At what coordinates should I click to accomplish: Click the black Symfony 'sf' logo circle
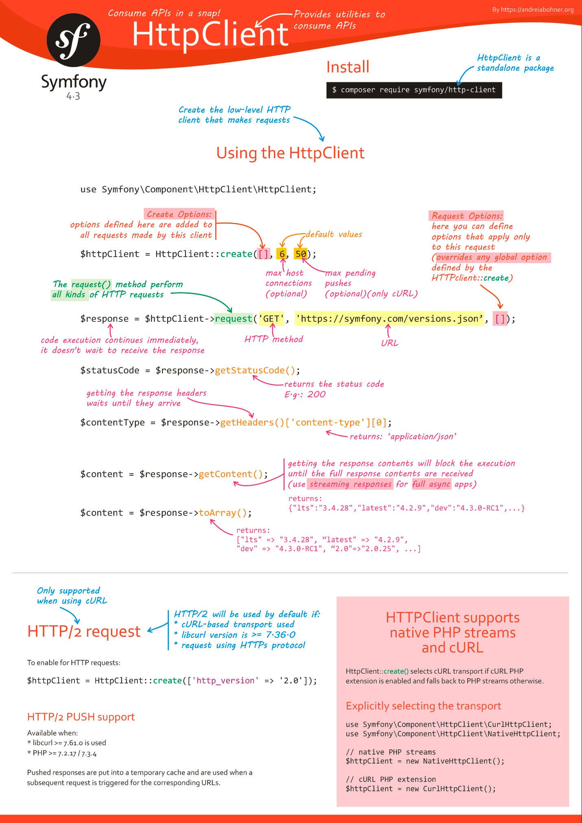pyautogui.click(x=74, y=39)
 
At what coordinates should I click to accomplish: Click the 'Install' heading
pyautogui.click(x=348, y=67)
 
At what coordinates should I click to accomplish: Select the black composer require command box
pyautogui.click(x=414, y=90)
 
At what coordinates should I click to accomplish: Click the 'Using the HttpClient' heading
pyautogui.click(x=290, y=153)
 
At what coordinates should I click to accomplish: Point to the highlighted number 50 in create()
pyautogui.click(x=301, y=254)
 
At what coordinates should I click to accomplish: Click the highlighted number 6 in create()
pyautogui.click(x=282, y=254)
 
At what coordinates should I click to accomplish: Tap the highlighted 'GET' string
pyautogui.click(x=271, y=319)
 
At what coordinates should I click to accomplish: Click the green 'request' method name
pyautogui.click(x=234, y=319)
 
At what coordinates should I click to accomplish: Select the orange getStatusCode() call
pyautogui.click(x=255, y=370)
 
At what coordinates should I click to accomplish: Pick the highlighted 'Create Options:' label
pyautogui.click(x=179, y=214)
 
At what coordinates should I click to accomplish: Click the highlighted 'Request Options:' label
pyautogui.click(x=466, y=216)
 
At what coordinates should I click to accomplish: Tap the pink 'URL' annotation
pyautogui.click(x=389, y=343)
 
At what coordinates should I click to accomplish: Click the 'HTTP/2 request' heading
pyautogui.click(x=84, y=631)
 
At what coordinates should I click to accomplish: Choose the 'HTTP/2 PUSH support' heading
pyautogui.click(x=81, y=716)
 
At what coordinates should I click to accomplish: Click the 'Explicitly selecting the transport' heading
pyautogui.click(x=423, y=705)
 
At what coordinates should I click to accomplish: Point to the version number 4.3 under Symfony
pyautogui.click(x=73, y=96)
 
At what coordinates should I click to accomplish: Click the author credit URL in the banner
pyautogui.click(x=533, y=9)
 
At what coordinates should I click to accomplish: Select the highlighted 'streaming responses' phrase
pyautogui.click(x=350, y=484)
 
